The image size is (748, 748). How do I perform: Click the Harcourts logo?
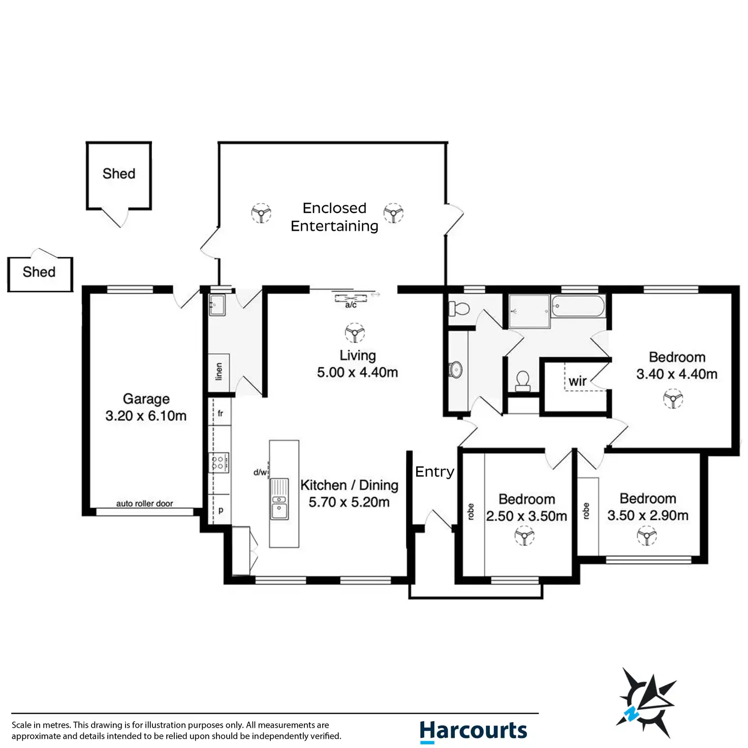pyautogui.click(x=473, y=731)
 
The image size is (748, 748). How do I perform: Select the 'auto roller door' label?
pyautogui.click(x=144, y=504)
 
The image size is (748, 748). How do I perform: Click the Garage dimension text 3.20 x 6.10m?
pyautogui.click(x=146, y=416)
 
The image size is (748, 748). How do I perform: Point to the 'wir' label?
pyautogui.click(x=577, y=381)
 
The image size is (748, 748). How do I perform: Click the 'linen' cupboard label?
pyautogui.click(x=219, y=371)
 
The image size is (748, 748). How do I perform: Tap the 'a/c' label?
pyautogui.click(x=351, y=305)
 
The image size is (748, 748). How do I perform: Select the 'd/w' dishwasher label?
pyautogui.click(x=260, y=473)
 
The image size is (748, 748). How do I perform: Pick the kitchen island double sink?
pyautogui.click(x=279, y=498)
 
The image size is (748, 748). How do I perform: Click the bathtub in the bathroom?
pyautogui.click(x=578, y=306)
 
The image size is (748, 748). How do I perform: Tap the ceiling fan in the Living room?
pyautogui.click(x=355, y=333)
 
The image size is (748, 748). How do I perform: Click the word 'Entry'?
pyautogui.click(x=434, y=472)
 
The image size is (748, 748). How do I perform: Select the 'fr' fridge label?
pyautogui.click(x=221, y=414)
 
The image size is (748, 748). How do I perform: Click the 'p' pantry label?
pyautogui.click(x=221, y=510)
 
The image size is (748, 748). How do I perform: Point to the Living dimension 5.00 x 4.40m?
pyautogui.click(x=357, y=372)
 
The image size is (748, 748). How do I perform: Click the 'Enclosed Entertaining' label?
pyautogui.click(x=334, y=217)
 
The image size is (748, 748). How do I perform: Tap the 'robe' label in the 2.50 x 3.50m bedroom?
pyautogui.click(x=471, y=512)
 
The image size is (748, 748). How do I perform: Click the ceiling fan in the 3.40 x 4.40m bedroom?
pyautogui.click(x=673, y=398)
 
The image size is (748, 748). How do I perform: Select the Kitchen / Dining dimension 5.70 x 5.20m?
pyautogui.click(x=349, y=503)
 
